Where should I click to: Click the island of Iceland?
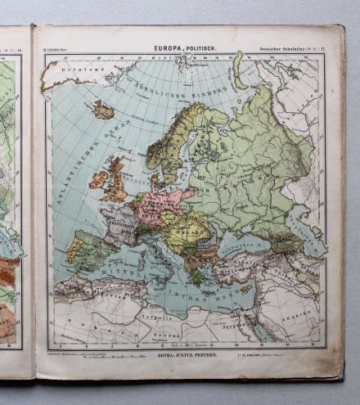[103, 110]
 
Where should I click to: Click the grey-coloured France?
[120, 227]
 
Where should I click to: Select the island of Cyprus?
[246, 289]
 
